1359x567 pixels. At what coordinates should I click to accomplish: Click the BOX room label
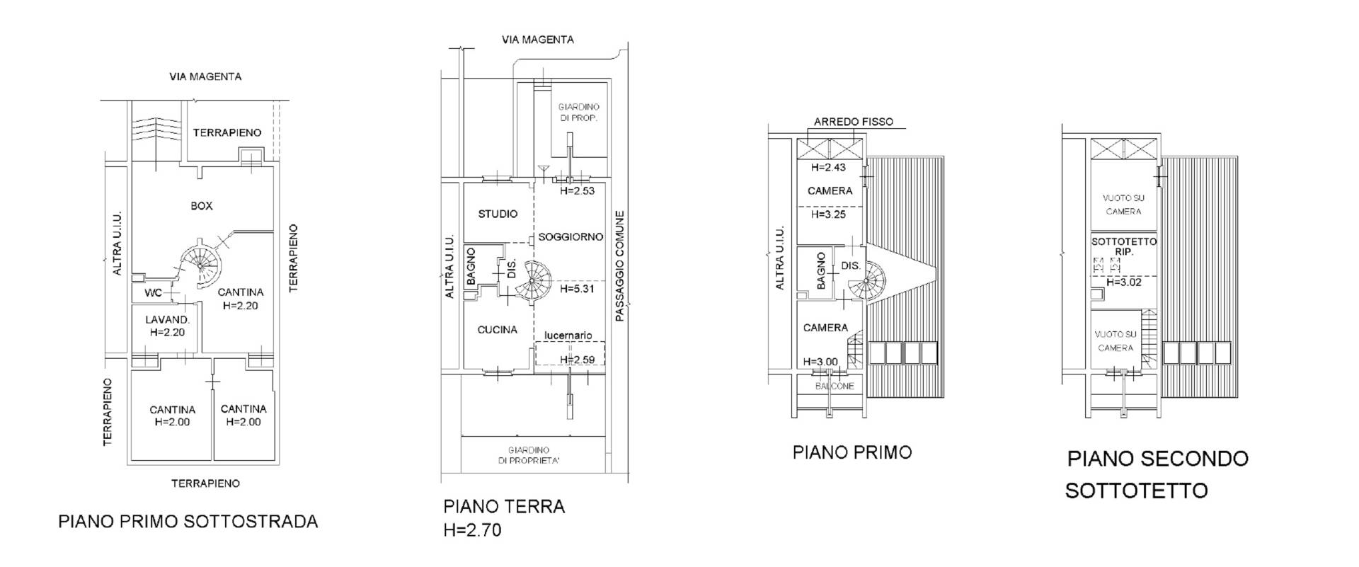pyautogui.click(x=202, y=206)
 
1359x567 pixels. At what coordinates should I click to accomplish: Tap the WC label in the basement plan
pyautogui.click(x=154, y=293)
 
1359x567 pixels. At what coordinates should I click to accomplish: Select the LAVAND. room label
pyautogui.click(x=168, y=320)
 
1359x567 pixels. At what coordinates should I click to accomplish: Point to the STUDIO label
pyautogui.click(x=498, y=214)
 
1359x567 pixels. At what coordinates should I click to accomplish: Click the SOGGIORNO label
pyautogui.click(x=570, y=236)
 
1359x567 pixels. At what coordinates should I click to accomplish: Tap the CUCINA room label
pyautogui.click(x=497, y=330)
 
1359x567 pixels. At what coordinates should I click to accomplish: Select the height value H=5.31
pyautogui.click(x=576, y=290)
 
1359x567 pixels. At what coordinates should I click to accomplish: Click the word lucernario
pyautogui.click(x=568, y=335)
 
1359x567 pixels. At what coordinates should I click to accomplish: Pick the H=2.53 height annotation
pyautogui.click(x=576, y=190)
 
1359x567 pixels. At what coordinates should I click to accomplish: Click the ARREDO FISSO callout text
pyautogui.click(x=854, y=122)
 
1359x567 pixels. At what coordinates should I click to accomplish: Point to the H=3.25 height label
pyautogui.click(x=829, y=214)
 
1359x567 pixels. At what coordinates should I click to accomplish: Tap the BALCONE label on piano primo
pyautogui.click(x=835, y=386)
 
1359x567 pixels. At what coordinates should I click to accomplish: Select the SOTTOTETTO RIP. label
pyautogui.click(x=1124, y=246)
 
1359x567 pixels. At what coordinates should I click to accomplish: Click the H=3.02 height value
pyautogui.click(x=1124, y=282)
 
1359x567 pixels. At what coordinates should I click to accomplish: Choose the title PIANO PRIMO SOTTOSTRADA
pyautogui.click(x=188, y=522)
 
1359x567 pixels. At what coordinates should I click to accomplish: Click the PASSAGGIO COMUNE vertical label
pyautogui.click(x=620, y=267)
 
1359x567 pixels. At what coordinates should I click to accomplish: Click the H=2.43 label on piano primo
pyautogui.click(x=829, y=168)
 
